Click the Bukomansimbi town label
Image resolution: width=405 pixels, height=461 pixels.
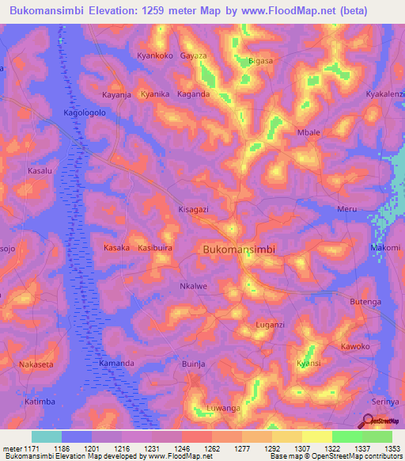point(239,249)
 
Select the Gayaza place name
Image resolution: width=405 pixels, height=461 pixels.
point(194,56)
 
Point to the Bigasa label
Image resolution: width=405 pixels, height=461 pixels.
point(260,60)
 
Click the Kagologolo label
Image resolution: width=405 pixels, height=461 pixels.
point(85,113)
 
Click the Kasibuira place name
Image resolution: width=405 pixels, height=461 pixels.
point(156,248)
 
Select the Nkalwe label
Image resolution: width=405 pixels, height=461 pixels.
point(194,287)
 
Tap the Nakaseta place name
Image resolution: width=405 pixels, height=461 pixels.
point(36,364)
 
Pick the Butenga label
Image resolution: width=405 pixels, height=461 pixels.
point(365,302)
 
